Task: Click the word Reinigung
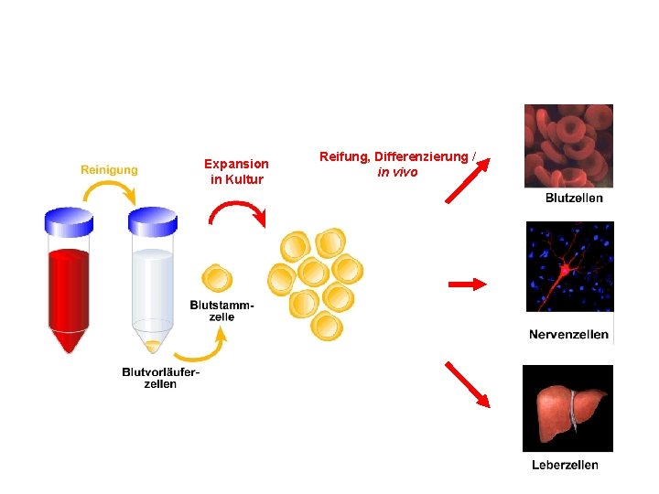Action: pyautogui.click(x=110, y=169)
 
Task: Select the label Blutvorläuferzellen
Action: pyautogui.click(x=161, y=377)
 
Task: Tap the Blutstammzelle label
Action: pyautogui.click(x=222, y=310)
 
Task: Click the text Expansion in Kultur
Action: pyautogui.click(x=236, y=171)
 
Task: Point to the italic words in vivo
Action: pyautogui.click(x=397, y=171)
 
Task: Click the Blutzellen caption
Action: pyautogui.click(x=574, y=198)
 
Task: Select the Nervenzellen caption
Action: pyautogui.click(x=568, y=335)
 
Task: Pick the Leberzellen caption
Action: pyautogui.click(x=565, y=465)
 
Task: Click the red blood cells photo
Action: pyautogui.click(x=567, y=145)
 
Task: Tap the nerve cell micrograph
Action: pyautogui.click(x=569, y=267)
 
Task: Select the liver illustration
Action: pyautogui.click(x=568, y=408)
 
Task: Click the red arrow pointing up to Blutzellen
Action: pyautogui.click(x=467, y=180)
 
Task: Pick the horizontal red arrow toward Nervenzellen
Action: pyautogui.click(x=468, y=285)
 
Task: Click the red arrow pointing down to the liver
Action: pyautogui.click(x=468, y=384)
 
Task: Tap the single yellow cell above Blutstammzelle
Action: pyautogui.click(x=216, y=278)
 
